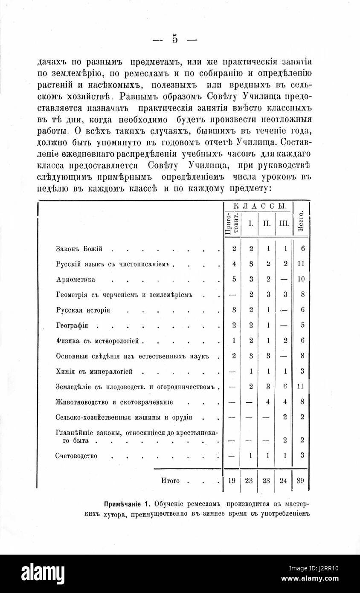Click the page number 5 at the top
click(175, 39)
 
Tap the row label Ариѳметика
click(75, 279)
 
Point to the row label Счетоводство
click(76, 456)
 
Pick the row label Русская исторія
click(83, 310)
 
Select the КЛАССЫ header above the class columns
click(258, 206)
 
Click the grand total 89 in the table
click(300, 481)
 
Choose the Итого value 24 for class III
click(284, 481)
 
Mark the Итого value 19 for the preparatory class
click(232, 481)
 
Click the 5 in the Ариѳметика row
click(234, 279)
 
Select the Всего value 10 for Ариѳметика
click(301, 279)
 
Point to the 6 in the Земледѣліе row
click(285, 387)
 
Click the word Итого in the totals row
click(170, 481)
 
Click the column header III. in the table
click(284, 223)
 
